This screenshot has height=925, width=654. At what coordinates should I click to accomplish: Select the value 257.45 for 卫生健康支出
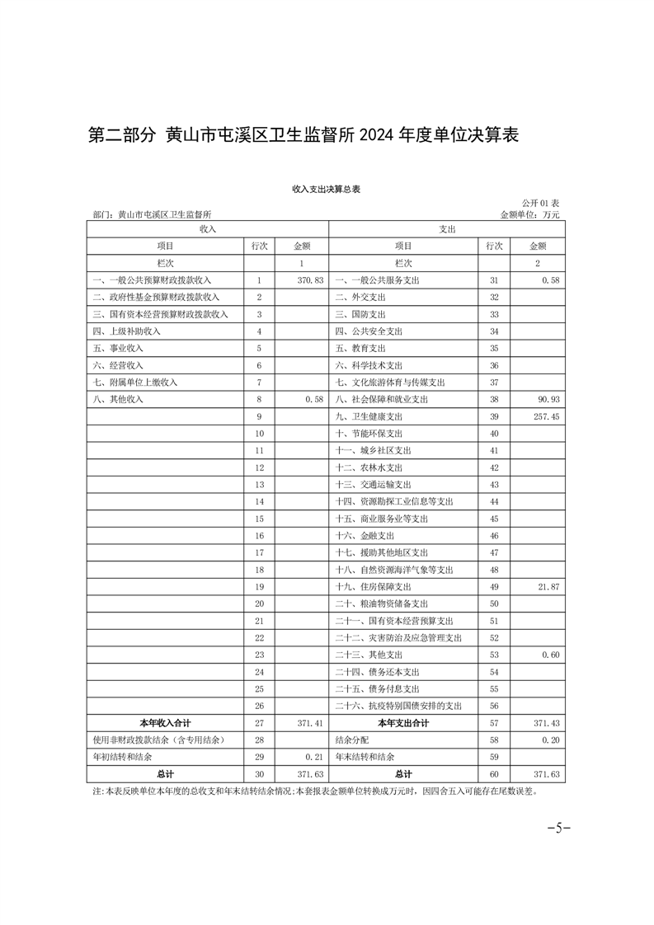[x=545, y=417]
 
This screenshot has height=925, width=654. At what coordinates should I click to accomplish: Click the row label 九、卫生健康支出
[x=369, y=417]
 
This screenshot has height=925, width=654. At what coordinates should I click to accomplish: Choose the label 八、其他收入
[x=119, y=400]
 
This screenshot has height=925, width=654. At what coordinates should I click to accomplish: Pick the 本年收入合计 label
[x=166, y=723]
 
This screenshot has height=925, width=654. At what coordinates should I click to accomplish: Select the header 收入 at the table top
[x=207, y=228]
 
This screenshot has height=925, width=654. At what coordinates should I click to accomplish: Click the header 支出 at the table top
[x=447, y=228]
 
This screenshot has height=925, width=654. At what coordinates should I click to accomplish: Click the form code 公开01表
[x=540, y=203]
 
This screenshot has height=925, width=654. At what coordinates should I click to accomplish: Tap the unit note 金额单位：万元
[x=529, y=214]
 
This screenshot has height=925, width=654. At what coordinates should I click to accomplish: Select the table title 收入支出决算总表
[x=327, y=189]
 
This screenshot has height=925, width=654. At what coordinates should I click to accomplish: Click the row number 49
[x=495, y=587]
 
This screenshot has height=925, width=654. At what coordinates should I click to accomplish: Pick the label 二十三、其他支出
[x=372, y=655]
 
